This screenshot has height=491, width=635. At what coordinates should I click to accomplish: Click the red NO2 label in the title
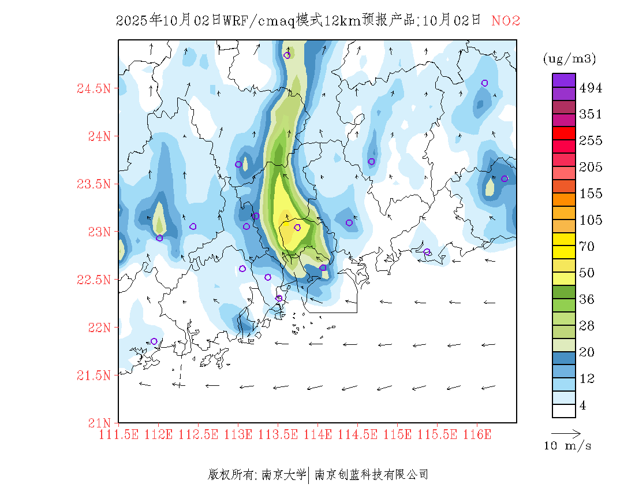[506, 21]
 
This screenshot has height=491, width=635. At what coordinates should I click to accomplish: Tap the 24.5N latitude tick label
[94, 89]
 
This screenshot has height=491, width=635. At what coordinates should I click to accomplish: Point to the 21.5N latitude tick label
[94, 375]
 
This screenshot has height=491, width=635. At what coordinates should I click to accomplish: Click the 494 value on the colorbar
[591, 88]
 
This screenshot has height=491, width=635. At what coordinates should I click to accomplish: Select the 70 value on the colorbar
[587, 247]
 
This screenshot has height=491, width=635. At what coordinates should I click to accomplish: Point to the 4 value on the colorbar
[582, 406]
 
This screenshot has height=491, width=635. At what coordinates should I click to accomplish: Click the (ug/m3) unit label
[569, 59]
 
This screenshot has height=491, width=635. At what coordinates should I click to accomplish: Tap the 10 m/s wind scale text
[567, 446]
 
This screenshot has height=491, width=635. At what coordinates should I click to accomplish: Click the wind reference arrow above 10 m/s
[566, 432]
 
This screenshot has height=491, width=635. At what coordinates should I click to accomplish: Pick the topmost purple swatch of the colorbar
[563, 80]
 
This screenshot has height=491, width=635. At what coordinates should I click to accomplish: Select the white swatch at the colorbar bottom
[563, 410]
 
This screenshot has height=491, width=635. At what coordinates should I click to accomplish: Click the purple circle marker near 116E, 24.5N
[485, 83]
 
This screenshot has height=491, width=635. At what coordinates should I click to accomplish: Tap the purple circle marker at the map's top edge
[287, 55]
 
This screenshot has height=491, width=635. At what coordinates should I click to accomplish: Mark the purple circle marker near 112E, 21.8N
[154, 341]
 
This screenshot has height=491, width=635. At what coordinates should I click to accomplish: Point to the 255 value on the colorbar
[591, 141]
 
